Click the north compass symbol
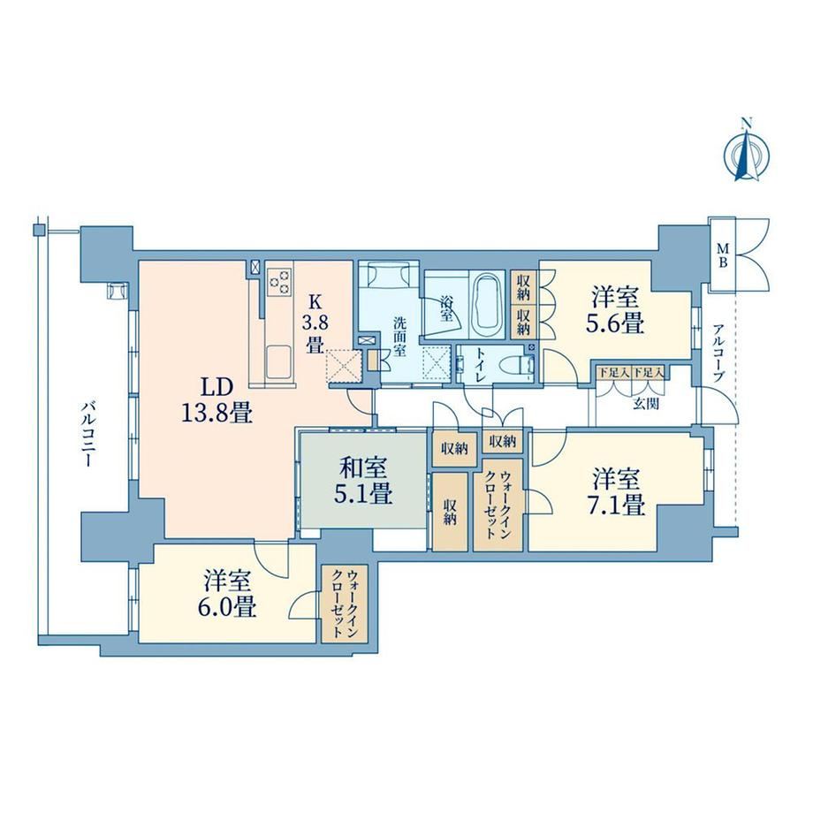(x=746, y=154)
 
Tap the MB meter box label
(x=722, y=255)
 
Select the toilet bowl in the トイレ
(x=520, y=363)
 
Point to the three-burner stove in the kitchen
(x=280, y=282)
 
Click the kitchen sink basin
(x=280, y=362)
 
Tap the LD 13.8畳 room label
(x=217, y=399)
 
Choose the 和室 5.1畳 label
(x=364, y=481)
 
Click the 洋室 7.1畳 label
(x=619, y=492)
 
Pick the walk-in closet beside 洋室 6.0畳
(x=345, y=604)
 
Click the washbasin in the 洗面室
(x=388, y=272)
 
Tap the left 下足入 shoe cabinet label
(x=614, y=372)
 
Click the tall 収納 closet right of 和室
(x=450, y=512)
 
